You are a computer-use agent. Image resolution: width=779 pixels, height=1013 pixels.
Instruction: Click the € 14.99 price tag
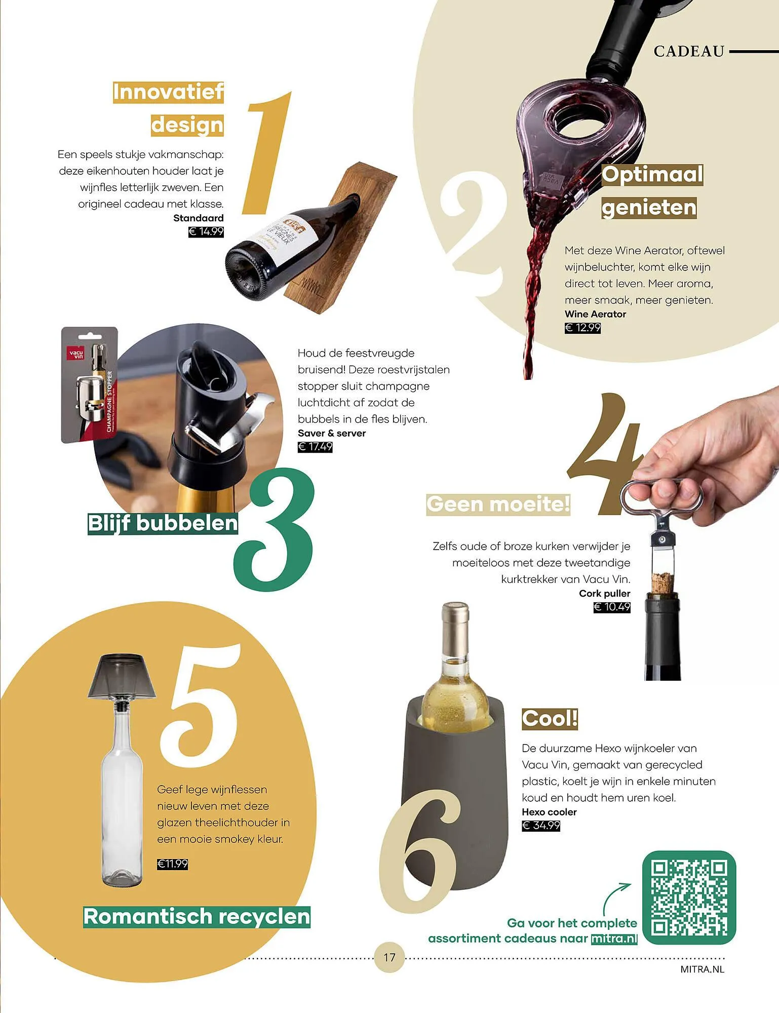click(x=206, y=232)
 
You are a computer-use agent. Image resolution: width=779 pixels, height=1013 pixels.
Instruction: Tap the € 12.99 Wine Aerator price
click(x=582, y=328)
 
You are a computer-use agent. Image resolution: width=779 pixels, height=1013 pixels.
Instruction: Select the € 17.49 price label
click(x=315, y=447)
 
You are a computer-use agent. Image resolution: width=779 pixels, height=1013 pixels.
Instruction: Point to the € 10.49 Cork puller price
click(x=612, y=607)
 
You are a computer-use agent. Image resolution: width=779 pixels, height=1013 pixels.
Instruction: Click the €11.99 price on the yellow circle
click(x=172, y=864)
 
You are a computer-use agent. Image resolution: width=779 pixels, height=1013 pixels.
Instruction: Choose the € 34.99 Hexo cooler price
click(x=541, y=826)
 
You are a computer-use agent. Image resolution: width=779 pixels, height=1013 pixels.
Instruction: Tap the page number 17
click(x=389, y=957)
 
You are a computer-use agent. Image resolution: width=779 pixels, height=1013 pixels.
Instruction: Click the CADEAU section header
click(x=689, y=51)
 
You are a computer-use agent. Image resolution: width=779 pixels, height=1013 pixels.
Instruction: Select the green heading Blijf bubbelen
click(x=163, y=523)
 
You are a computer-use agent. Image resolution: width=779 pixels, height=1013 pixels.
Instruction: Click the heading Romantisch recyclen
click(x=197, y=917)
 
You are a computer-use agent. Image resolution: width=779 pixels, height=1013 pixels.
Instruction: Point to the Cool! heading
click(x=550, y=718)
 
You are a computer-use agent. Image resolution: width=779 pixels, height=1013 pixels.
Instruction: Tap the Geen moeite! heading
click(x=498, y=504)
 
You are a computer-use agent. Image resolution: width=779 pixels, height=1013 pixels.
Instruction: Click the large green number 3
click(x=274, y=529)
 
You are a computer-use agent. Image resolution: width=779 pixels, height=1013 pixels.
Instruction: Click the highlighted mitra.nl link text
click(x=614, y=939)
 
